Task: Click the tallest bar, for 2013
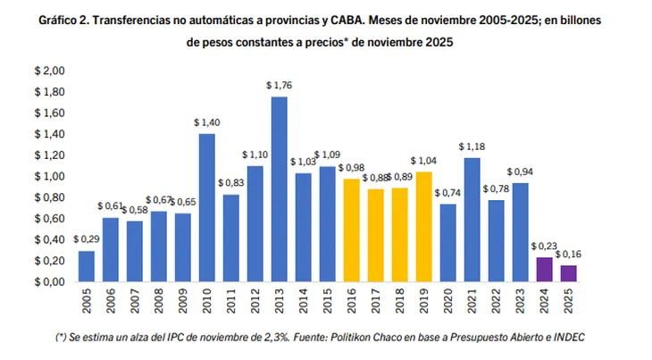(x=279, y=188)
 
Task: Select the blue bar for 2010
(x=206, y=207)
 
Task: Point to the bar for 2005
(x=86, y=265)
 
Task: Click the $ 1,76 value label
(x=279, y=86)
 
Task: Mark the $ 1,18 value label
(x=472, y=147)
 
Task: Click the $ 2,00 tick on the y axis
(x=50, y=71)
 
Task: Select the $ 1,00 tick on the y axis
(x=50, y=176)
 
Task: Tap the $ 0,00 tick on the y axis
(x=50, y=281)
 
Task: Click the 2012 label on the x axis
(x=255, y=303)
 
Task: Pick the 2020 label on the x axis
(x=449, y=303)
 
